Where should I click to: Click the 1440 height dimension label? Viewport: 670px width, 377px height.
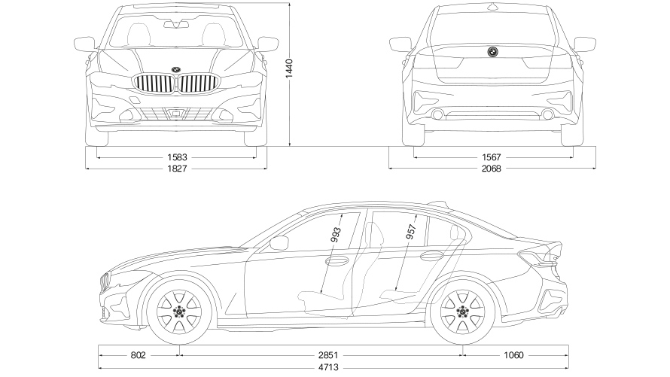[x=290, y=71]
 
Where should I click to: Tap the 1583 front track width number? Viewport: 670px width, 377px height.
[x=177, y=157]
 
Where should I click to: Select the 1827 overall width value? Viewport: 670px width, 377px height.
[x=177, y=169]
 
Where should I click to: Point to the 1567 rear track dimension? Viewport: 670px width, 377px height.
[x=492, y=157]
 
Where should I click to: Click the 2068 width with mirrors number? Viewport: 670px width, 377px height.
[x=492, y=169]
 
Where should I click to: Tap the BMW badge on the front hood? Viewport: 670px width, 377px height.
[x=176, y=69]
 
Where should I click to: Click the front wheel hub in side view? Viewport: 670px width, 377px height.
[x=179, y=310]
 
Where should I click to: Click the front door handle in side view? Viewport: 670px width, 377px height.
[x=336, y=260]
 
